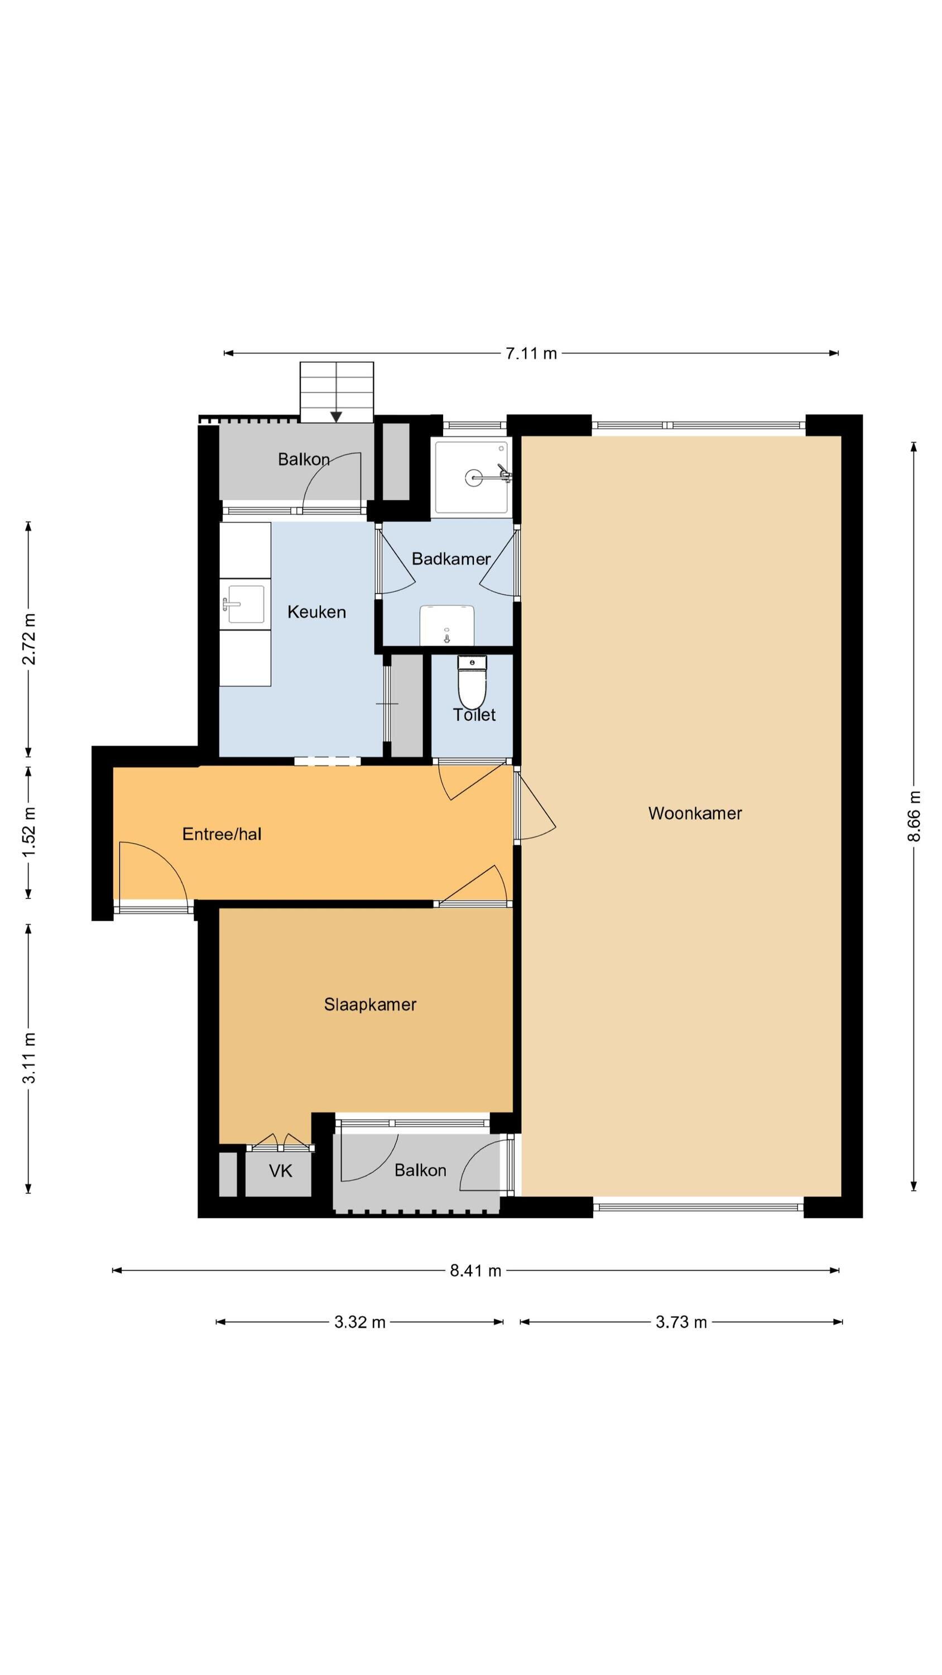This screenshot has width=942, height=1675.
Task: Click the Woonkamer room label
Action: tap(694, 813)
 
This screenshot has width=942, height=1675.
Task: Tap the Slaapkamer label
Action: tap(370, 1004)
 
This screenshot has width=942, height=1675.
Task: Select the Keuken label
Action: tap(316, 612)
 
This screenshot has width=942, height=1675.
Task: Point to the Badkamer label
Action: tap(451, 558)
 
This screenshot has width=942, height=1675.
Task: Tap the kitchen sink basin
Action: tap(245, 604)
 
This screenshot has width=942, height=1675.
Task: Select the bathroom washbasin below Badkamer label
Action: tap(446, 625)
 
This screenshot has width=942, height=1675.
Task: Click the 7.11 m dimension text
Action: tap(531, 354)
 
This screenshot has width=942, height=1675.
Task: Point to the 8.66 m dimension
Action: tap(914, 816)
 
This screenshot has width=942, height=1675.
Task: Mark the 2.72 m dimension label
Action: tap(29, 639)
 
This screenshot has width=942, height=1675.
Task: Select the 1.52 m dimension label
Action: tap(29, 833)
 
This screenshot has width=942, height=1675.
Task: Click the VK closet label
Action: tap(280, 1171)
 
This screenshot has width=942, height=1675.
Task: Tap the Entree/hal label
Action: tap(222, 834)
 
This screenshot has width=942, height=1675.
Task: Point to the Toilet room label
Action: tap(474, 715)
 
